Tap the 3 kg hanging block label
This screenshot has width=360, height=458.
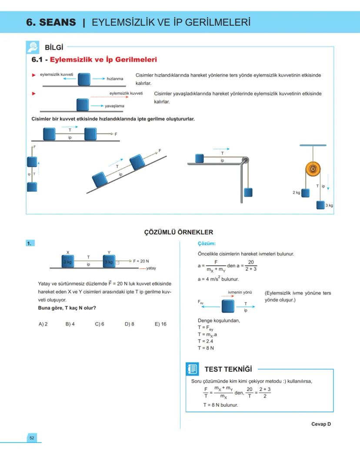(329, 205)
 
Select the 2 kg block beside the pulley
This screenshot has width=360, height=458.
(306, 192)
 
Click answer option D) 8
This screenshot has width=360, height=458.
(129, 324)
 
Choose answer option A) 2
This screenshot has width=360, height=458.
(43, 324)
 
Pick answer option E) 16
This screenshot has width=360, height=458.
(160, 324)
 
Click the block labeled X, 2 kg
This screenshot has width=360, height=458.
(68, 262)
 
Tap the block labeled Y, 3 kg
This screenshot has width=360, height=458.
(109, 262)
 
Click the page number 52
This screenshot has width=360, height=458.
(32, 438)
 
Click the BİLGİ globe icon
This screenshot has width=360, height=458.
(32, 47)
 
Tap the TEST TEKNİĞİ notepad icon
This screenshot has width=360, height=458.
(192, 369)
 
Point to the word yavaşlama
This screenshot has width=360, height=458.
(114, 106)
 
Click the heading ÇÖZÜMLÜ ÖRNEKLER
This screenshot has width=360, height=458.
(179, 232)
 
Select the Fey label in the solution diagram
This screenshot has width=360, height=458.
(200, 301)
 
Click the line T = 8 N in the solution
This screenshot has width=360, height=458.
(206, 348)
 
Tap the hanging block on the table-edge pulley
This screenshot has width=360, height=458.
(248, 192)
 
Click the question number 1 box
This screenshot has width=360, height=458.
(30, 244)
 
